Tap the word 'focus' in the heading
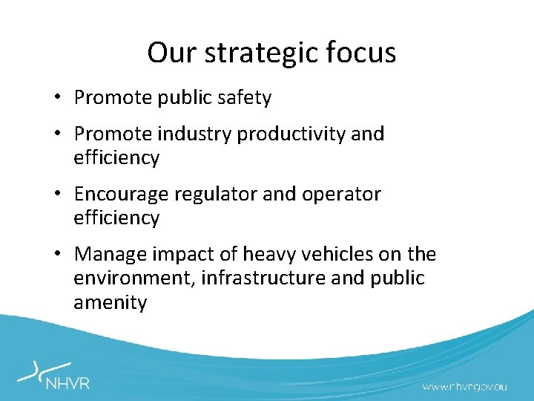364,53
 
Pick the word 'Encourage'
121,195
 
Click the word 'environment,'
135,278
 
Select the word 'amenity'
110,303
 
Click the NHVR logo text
67,384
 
